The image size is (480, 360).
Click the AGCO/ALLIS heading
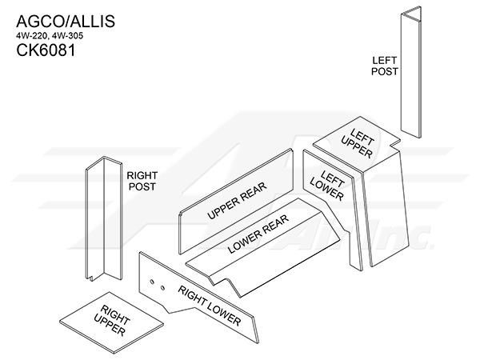(66, 21)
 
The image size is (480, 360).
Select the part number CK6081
(46, 50)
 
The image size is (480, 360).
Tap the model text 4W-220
(31, 36)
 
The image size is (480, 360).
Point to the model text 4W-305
(67, 36)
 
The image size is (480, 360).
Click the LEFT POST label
(385, 66)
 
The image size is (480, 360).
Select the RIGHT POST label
(142, 181)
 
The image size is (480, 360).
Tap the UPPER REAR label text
(237, 201)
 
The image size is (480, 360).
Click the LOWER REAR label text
(258, 234)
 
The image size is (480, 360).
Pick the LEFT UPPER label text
(358, 143)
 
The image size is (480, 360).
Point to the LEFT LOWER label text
(327, 186)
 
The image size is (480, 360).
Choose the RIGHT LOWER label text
(210, 306)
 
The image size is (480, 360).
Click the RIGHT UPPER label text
(112, 320)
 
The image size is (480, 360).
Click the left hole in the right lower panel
(151, 282)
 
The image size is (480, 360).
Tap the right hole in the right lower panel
(162, 287)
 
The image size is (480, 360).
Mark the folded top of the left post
(411, 14)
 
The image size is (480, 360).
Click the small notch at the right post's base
(91, 278)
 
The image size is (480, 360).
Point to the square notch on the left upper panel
(395, 143)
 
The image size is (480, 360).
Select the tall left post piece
(411, 72)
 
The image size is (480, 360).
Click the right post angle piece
(104, 218)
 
